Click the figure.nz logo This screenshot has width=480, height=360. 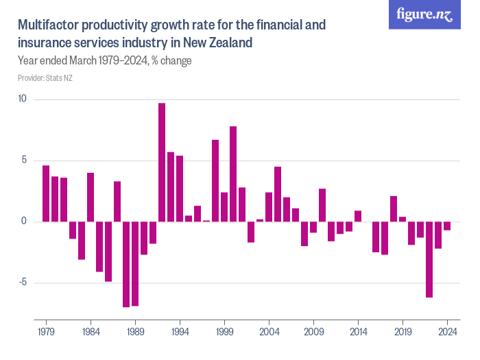424,14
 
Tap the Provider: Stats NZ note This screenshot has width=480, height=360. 45,78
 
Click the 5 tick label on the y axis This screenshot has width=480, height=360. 23,160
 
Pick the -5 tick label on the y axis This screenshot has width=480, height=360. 22,283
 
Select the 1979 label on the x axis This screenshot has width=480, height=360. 46,331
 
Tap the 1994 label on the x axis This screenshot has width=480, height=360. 180,331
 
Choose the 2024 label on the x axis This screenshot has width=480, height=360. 447,331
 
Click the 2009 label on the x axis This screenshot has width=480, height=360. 313,331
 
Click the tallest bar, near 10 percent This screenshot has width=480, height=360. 162,162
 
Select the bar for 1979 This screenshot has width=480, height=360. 46,193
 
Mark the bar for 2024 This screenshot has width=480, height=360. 447,226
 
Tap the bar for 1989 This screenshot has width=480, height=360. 135,263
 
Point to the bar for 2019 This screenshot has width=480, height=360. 403,219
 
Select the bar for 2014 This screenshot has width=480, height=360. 358,216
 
